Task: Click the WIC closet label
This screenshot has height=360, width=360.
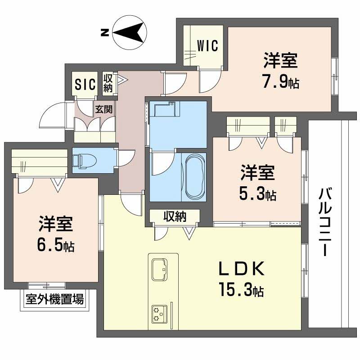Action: click(x=207, y=45)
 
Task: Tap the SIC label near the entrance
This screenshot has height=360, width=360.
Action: click(x=85, y=84)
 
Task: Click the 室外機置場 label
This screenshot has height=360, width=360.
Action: click(x=54, y=299)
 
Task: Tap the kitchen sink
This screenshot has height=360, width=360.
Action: click(x=159, y=270)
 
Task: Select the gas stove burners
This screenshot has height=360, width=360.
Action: click(x=159, y=314)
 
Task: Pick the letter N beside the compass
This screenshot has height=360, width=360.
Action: click(x=104, y=32)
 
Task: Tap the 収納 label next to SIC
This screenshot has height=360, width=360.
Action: click(x=108, y=83)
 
